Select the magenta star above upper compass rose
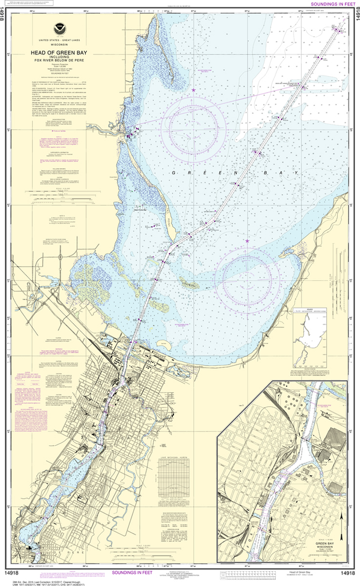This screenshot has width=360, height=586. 193,90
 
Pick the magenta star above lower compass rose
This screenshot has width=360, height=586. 247,241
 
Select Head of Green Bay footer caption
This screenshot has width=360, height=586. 301,572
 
